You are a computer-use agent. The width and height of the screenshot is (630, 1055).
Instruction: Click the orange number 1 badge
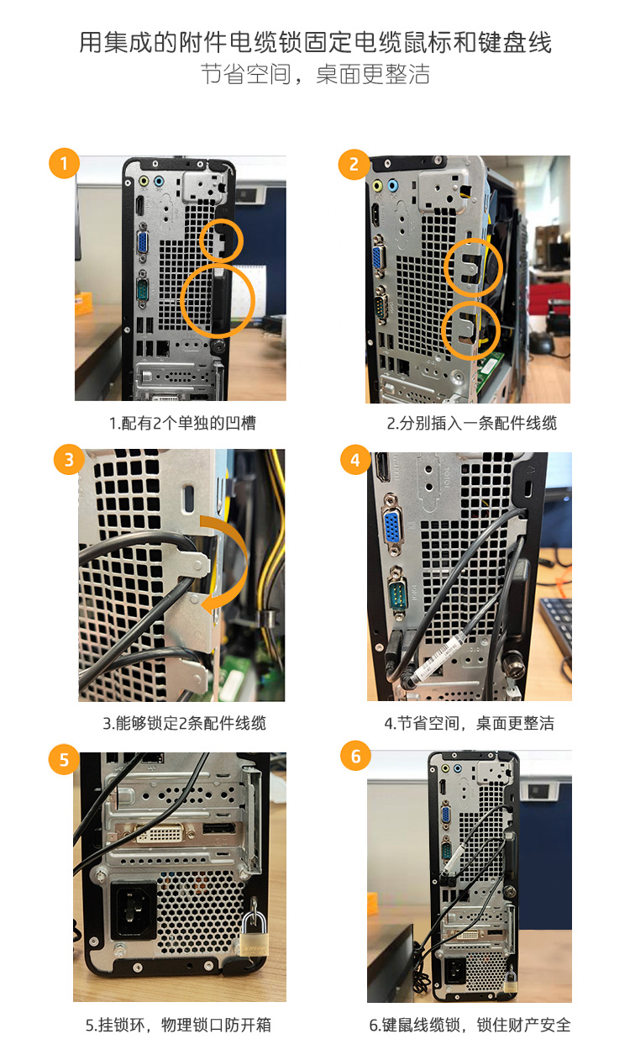[64, 163]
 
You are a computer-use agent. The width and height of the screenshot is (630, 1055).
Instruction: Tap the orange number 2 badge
[354, 165]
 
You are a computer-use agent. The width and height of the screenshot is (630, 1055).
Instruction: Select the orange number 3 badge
[69, 459]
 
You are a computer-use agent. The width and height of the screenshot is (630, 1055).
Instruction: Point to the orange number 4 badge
[355, 460]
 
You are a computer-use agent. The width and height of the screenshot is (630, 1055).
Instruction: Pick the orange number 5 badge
[64, 759]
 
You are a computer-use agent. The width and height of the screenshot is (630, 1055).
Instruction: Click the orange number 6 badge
[355, 756]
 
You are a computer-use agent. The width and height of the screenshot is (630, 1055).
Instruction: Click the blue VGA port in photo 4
[394, 527]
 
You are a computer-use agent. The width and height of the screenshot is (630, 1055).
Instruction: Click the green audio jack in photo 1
[144, 181]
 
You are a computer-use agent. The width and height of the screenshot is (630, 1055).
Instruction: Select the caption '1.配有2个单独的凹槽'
[182, 423]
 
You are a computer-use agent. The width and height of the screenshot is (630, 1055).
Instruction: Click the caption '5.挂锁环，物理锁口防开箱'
[178, 1025]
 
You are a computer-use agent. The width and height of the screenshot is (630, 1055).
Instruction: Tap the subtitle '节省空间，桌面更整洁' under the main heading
[315, 75]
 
